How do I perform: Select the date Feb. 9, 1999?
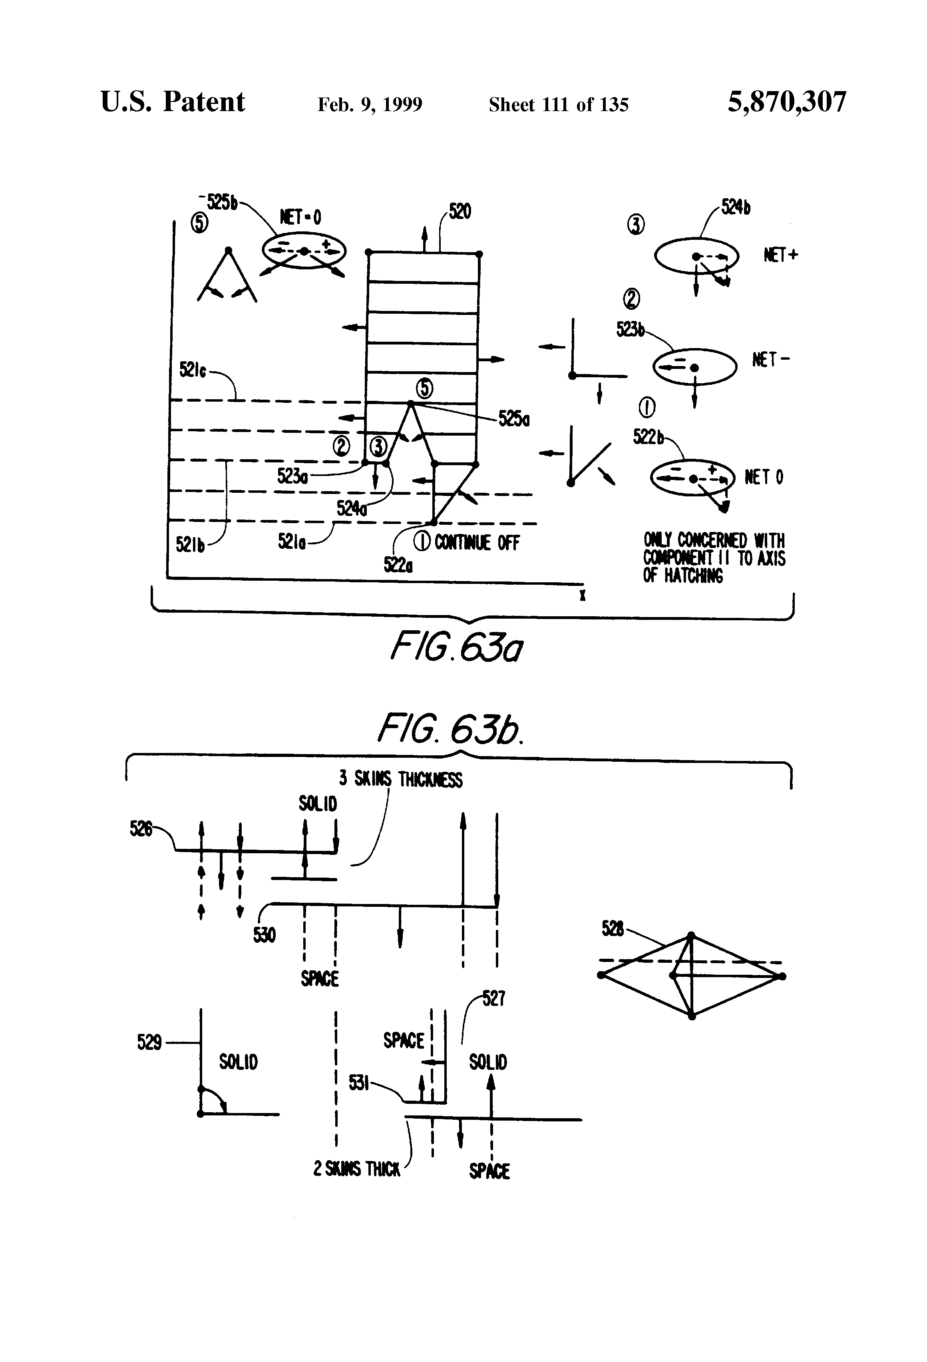pos(369,105)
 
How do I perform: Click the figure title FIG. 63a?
pos(456,647)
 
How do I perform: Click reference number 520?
pos(460,211)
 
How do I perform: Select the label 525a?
pos(514,419)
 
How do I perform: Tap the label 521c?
pos(192,370)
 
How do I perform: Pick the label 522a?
pos(398,564)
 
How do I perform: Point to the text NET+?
pos(780,255)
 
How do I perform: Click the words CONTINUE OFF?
pos(477,543)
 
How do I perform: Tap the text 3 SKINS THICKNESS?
pos(401,779)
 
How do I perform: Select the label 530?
pos(264,935)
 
